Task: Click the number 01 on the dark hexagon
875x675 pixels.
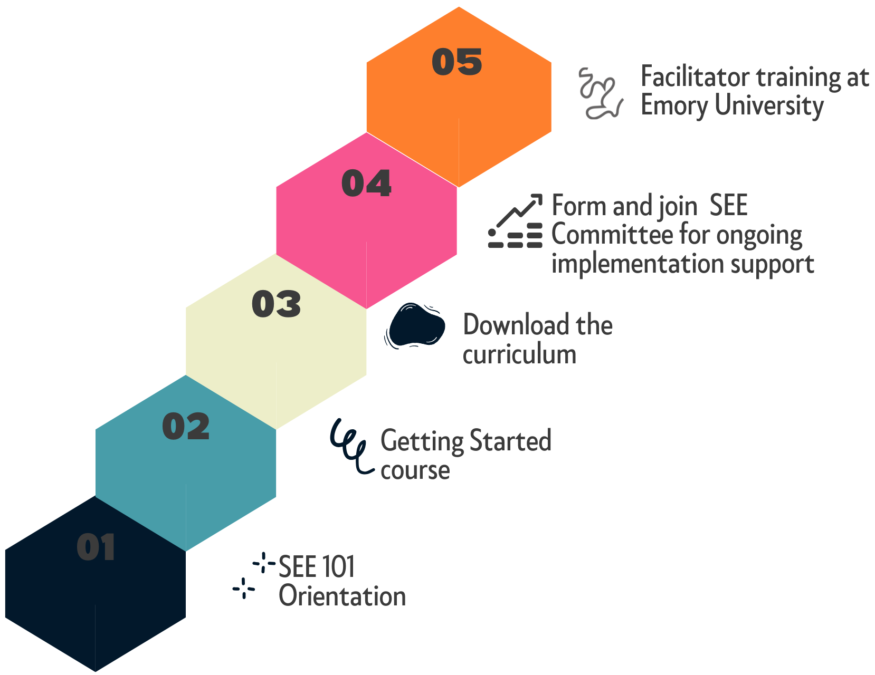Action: point(96,547)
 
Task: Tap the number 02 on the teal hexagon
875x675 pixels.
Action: point(186,426)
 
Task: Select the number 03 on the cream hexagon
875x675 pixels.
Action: point(276,304)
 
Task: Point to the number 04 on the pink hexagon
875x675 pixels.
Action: point(366,183)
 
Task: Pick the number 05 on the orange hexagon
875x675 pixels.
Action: point(456,62)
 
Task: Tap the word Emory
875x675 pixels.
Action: point(674,105)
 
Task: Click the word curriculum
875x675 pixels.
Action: point(519,354)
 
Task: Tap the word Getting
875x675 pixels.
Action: point(422,442)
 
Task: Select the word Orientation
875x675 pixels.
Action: point(343,596)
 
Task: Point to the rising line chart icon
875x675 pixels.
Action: point(515,221)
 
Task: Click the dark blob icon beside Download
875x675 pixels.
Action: point(415,325)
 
